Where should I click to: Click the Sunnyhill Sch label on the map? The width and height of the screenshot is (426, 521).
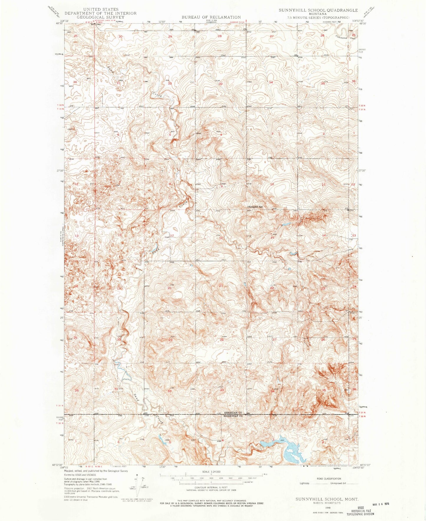click(255, 207)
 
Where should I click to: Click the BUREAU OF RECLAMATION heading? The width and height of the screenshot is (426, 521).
click(211, 17)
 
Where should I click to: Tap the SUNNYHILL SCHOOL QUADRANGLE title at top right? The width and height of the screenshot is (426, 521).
click(318, 10)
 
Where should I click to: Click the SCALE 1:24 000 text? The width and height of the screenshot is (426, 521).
click(211, 472)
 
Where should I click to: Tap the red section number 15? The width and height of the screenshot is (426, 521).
click(272, 238)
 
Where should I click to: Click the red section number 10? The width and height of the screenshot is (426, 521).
click(272, 184)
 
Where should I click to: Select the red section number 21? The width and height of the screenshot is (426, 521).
click(221, 286)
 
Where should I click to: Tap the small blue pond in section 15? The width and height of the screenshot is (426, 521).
click(285, 224)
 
